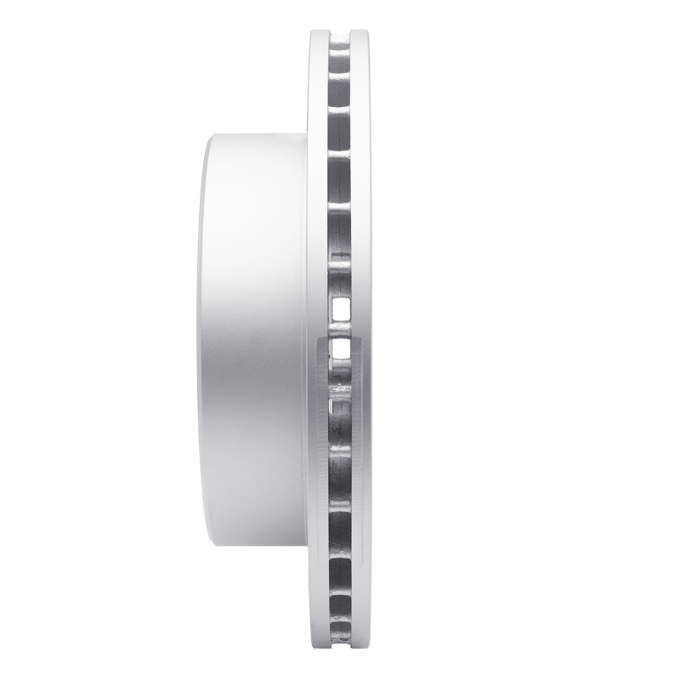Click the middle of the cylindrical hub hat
pos(255,340)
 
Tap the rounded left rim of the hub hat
pos(204,340)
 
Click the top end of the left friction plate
pos(315,31)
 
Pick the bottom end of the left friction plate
pos(315,649)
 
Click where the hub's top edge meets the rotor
pos(306,131)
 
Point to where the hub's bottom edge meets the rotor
pos(306,549)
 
